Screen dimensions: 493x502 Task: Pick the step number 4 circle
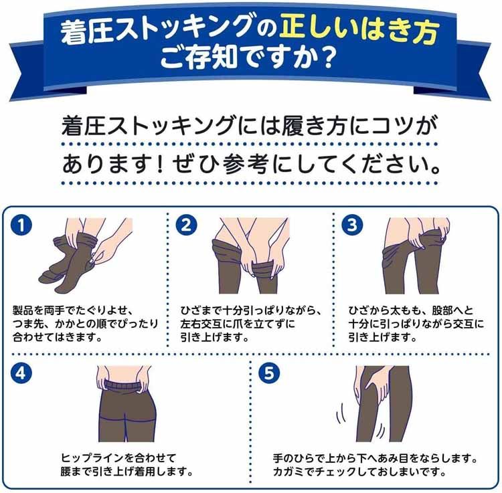[24, 373]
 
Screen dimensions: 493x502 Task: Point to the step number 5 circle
[270, 373]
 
